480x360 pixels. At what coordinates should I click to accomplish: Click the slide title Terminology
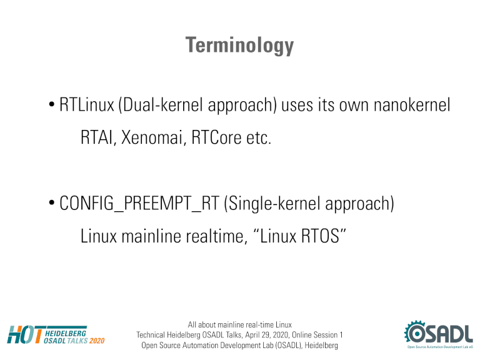click(x=239, y=45)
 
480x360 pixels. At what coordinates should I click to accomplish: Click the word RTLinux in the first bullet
click(x=87, y=105)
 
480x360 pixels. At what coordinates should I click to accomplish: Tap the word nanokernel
click(x=412, y=105)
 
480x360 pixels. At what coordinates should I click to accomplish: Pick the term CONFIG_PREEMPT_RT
click(x=139, y=203)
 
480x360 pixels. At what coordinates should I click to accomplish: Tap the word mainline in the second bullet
click(x=151, y=236)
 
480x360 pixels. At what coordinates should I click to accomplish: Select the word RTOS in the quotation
click(x=320, y=236)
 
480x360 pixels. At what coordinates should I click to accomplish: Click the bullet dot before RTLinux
click(x=52, y=104)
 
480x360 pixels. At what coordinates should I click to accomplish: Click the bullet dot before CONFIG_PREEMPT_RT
click(x=52, y=202)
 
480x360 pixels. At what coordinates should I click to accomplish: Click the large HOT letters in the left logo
click(x=25, y=334)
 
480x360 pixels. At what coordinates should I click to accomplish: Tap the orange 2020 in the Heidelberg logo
click(x=97, y=341)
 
